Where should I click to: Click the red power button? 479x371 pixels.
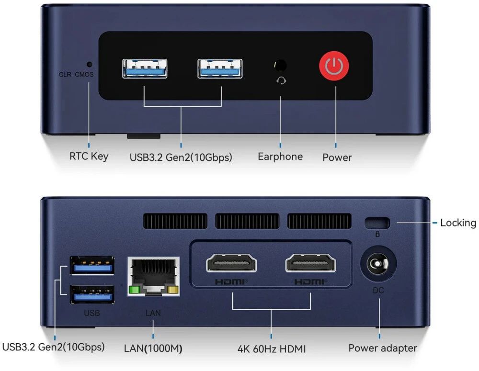[334, 66]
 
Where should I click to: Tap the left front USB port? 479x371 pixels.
[145, 69]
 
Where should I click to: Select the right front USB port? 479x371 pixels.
[220, 69]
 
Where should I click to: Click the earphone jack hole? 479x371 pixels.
[280, 66]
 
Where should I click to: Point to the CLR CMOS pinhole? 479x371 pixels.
[89, 64]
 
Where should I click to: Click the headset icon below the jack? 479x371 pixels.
[281, 80]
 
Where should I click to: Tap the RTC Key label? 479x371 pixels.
[89, 157]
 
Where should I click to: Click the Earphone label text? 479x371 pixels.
[280, 157]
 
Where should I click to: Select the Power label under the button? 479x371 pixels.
[337, 157]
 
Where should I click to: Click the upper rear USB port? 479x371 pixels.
[92, 265]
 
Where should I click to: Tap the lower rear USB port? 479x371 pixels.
[92, 294]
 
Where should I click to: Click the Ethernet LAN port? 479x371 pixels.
[153, 277]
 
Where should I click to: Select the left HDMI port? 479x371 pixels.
[231, 263]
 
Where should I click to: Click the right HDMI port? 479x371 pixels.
[310, 263]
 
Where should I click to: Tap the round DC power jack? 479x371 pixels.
[378, 263]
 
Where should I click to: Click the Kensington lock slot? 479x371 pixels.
[377, 223]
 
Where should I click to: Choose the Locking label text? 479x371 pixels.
[458, 223]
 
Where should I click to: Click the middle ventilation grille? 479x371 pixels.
[247, 221]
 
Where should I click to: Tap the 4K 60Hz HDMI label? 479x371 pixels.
[272, 349]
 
